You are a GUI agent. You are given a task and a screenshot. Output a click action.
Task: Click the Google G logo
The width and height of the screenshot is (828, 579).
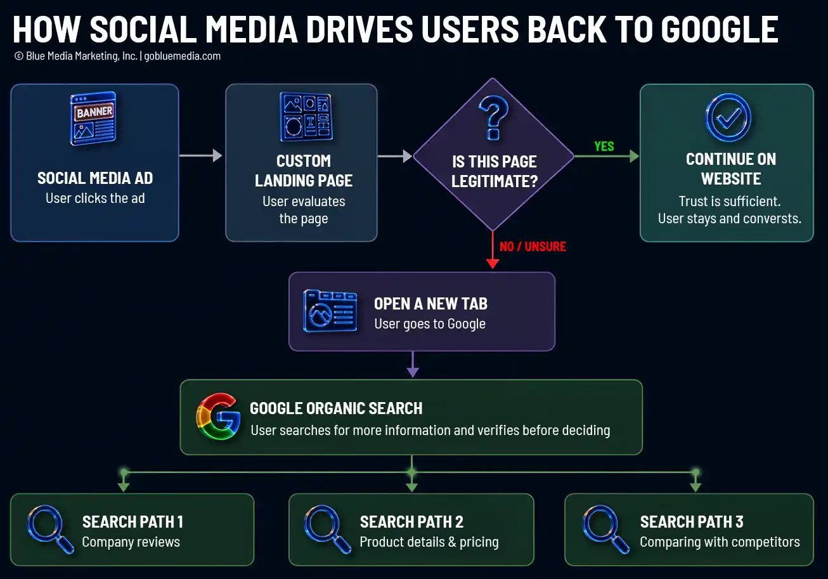(x=218, y=416)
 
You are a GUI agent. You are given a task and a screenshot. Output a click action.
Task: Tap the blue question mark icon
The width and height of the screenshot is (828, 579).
(x=493, y=117)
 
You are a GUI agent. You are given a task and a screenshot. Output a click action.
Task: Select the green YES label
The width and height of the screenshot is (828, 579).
(x=604, y=146)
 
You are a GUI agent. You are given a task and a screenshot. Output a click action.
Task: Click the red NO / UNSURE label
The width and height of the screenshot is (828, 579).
(x=533, y=247)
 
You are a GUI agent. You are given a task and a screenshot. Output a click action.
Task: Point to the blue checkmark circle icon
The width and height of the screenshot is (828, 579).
(x=728, y=117)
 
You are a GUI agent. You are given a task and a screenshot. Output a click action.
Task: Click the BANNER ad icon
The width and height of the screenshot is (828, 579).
(x=93, y=118)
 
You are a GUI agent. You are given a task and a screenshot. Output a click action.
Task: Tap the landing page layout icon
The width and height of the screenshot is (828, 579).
(x=306, y=117)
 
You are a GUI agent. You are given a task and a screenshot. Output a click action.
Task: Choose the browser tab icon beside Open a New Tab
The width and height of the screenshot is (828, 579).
(x=330, y=311)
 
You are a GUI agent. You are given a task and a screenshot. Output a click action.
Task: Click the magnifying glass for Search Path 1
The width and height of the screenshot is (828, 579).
(x=50, y=530)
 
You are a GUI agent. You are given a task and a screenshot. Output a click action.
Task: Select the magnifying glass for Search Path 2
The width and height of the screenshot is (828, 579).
(x=328, y=530)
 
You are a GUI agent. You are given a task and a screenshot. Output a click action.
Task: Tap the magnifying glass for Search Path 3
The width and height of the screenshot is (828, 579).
(x=606, y=530)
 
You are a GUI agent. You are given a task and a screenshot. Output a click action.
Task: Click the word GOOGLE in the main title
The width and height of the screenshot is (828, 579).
(x=720, y=30)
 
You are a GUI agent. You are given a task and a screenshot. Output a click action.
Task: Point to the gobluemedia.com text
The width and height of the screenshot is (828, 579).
(x=182, y=56)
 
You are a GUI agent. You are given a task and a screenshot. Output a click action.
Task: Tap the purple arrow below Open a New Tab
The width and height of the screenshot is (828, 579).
(x=413, y=364)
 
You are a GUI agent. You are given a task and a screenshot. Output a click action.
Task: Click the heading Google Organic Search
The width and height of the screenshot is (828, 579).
(x=336, y=408)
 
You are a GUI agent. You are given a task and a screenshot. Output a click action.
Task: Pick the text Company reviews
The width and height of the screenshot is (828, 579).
(x=131, y=542)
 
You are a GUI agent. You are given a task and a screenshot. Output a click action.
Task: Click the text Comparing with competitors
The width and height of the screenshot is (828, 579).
(x=720, y=542)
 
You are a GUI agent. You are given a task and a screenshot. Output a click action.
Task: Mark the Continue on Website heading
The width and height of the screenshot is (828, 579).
(x=731, y=169)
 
